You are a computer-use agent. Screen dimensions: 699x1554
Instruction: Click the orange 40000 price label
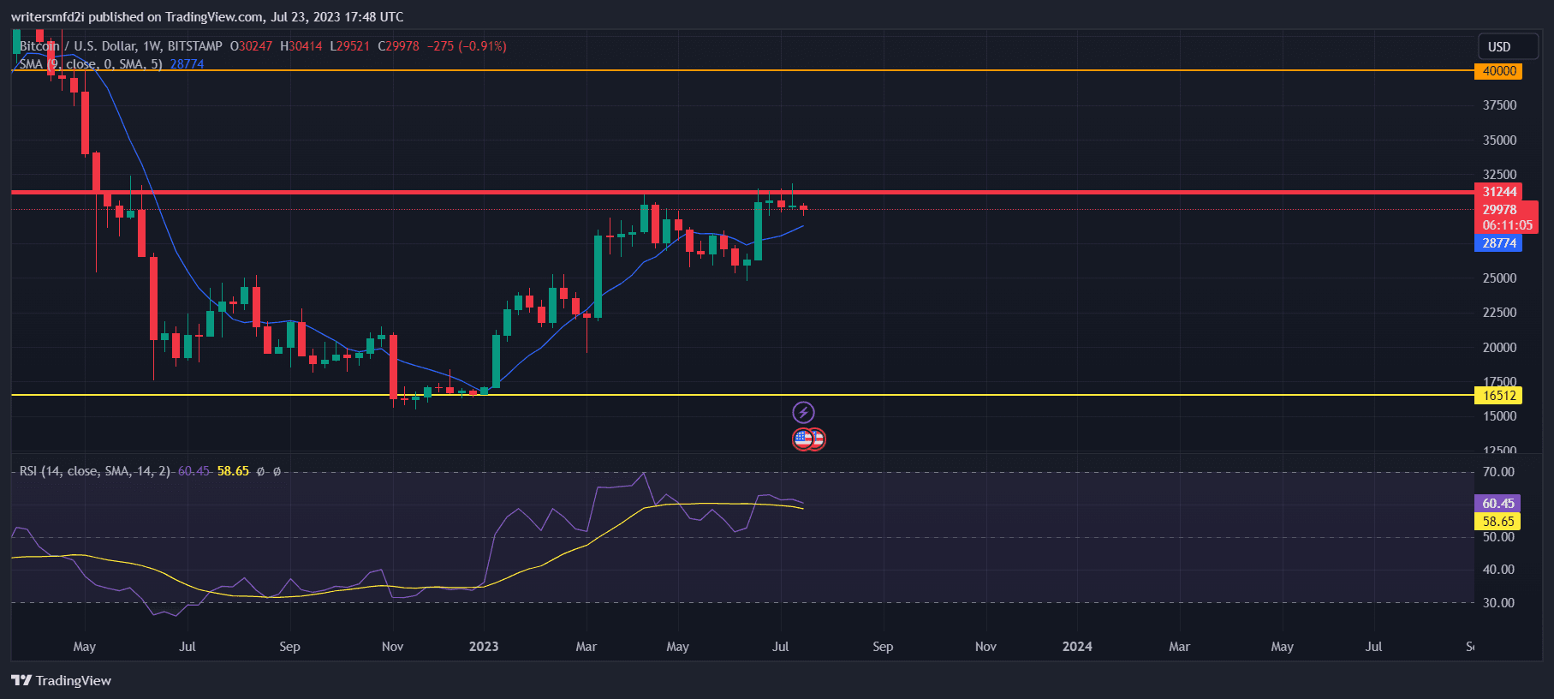tap(1498, 71)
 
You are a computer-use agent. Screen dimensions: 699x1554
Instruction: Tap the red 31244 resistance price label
tap(1498, 192)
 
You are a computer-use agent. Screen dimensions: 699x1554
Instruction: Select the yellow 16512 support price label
tap(1498, 396)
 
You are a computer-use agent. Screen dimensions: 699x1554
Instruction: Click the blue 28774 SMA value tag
tap(1498, 243)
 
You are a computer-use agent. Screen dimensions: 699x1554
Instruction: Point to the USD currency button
tap(1498, 47)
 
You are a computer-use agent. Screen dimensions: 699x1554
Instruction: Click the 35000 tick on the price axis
tap(1499, 140)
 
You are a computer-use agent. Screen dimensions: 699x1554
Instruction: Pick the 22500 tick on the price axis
tap(1499, 313)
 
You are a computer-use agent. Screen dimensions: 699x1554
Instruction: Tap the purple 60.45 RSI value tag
tap(1497, 504)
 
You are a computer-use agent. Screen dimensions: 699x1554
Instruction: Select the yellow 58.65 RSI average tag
tap(1497, 522)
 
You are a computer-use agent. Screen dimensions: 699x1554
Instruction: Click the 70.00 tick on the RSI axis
tap(1498, 472)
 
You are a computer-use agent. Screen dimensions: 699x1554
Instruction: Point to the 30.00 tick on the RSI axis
tap(1498, 603)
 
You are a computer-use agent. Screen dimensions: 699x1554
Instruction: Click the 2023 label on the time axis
tap(484, 647)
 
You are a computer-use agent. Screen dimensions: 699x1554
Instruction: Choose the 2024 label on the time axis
tap(1077, 647)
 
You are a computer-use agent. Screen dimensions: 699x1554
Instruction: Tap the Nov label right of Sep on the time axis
tap(985, 647)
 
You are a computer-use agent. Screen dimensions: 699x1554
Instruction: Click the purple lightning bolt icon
tap(803, 413)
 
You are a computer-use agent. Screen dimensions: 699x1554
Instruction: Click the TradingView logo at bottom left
tap(62, 681)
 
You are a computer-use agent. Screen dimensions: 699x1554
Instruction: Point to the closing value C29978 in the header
tap(399, 46)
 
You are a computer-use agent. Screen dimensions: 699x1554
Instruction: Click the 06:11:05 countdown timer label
tap(1507, 226)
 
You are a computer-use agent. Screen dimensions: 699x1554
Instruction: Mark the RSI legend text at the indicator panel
tap(94, 471)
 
